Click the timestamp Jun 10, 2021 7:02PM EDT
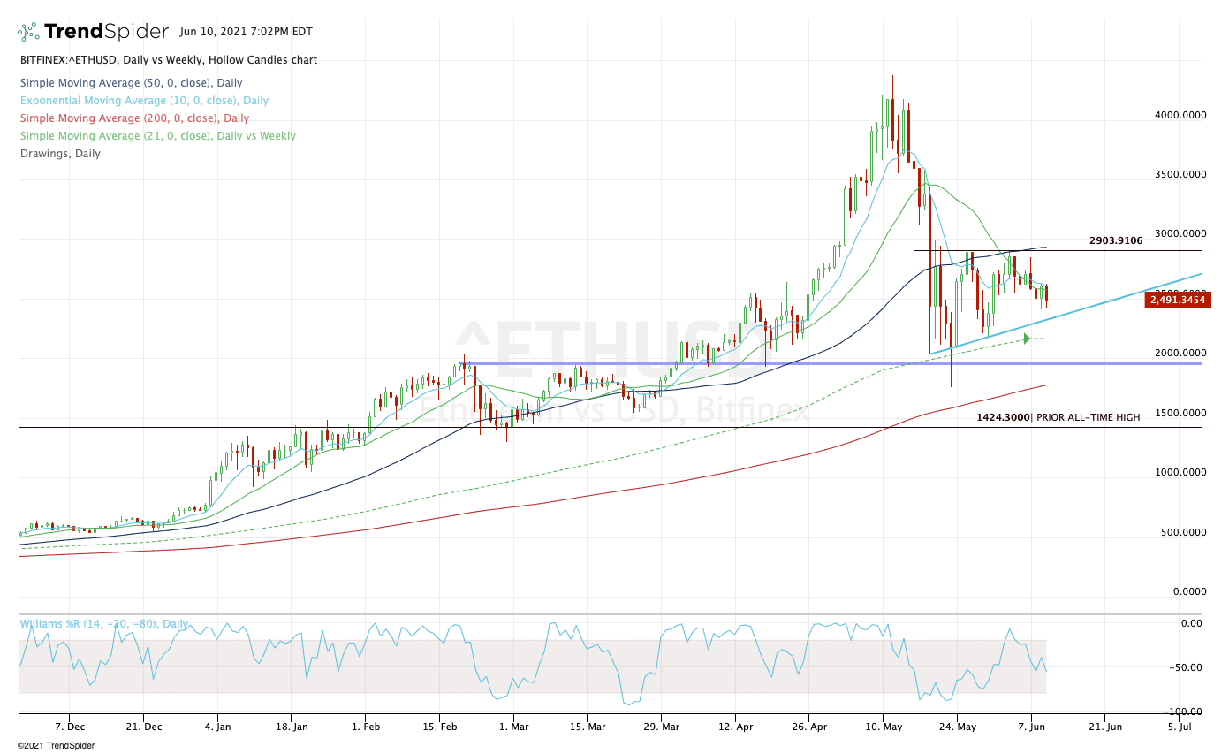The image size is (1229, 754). [x=245, y=32]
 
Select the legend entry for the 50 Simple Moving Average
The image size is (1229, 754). [x=131, y=83]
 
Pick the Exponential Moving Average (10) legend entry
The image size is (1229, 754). [x=144, y=101]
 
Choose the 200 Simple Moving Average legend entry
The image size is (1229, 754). [x=134, y=118]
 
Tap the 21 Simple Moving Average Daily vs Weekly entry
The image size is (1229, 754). [x=157, y=136]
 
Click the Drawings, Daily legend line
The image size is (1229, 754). [x=60, y=154]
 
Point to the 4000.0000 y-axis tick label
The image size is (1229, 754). [x=1180, y=115]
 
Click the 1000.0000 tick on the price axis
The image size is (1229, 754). [x=1180, y=473]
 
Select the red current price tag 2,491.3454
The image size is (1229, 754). [x=1176, y=301]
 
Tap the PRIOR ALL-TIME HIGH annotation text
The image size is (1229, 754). [x=1088, y=417]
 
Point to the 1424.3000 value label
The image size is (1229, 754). [x=1003, y=417]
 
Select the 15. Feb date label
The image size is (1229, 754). [x=439, y=727]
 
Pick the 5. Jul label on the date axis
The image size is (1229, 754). [x=1179, y=727]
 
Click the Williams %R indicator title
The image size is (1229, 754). [x=104, y=623]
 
